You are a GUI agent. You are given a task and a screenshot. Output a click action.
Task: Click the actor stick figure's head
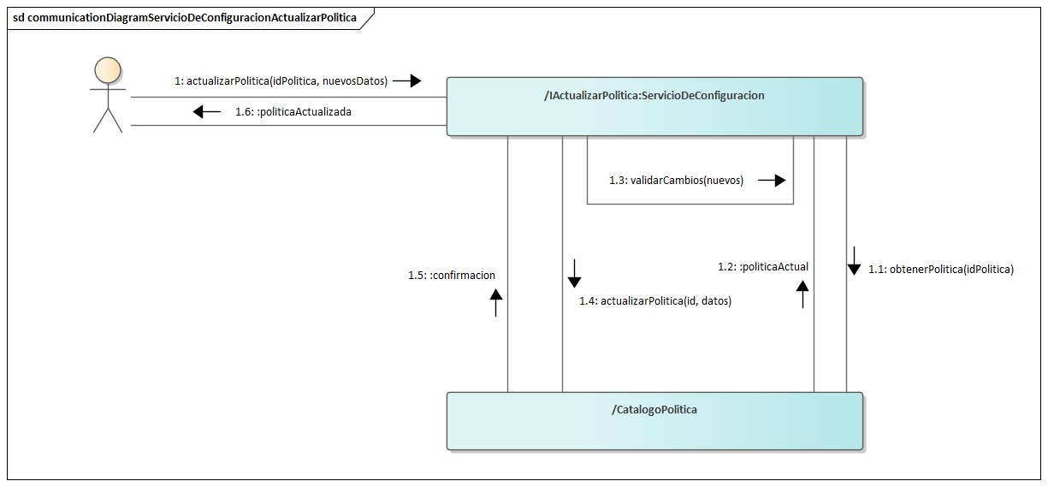click(108, 70)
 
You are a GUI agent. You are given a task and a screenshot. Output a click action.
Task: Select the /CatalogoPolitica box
click(654, 420)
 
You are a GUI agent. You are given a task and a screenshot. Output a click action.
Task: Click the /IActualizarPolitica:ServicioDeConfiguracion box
click(654, 106)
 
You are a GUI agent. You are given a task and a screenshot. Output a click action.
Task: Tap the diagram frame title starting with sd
click(185, 17)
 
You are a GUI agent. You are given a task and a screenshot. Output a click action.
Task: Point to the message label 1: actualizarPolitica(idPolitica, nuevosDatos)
click(281, 80)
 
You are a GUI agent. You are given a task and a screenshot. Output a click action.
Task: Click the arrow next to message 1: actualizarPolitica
click(407, 80)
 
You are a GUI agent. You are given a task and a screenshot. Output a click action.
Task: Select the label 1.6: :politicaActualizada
click(293, 111)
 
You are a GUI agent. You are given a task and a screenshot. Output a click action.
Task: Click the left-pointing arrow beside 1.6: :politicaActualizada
click(207, 111)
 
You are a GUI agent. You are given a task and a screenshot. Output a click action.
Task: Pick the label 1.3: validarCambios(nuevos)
click(676, 181)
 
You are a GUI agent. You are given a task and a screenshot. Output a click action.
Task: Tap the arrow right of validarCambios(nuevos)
click(772, 181)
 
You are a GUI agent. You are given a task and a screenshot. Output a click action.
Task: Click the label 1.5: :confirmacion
click(452, 275)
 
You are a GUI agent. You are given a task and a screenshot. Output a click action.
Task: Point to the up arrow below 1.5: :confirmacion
click(495, 301)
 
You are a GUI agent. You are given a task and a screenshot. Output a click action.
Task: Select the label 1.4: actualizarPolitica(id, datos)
click(655, 300)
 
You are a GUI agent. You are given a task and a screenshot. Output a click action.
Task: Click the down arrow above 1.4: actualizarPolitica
click(574, 272)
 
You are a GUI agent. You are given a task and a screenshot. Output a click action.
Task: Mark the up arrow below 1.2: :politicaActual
click(802, 293)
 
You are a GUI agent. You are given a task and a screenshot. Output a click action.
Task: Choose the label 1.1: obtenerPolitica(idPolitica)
click(940, 269)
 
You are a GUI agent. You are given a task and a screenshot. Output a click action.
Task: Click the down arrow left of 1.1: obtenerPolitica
click(854, 260)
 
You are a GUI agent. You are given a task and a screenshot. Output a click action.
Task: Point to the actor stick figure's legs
click(108, 120)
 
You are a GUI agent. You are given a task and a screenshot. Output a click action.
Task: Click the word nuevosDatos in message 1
click(353, 80)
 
